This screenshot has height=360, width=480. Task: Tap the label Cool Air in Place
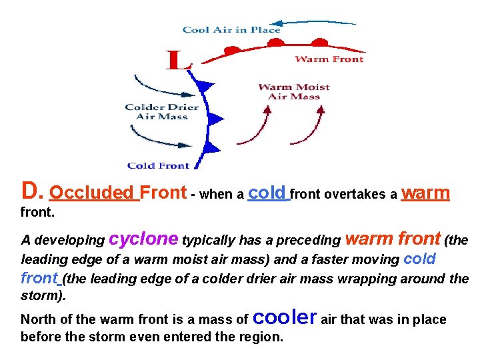point(231,29)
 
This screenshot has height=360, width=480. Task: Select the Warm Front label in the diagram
point(329,59)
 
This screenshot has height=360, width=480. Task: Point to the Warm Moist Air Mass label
point(293,91)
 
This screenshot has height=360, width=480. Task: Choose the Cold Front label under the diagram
point(158,165)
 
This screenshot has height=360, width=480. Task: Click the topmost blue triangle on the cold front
point(206,85)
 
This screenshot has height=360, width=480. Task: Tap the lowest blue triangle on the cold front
point(212,147)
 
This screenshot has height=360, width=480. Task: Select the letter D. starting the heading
point(33,192)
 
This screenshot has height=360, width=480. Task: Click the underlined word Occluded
point(92,193)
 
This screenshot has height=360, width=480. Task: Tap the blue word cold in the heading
point(267,193)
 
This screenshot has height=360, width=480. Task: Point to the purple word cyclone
point(143,238)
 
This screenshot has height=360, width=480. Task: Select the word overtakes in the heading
point(367,195)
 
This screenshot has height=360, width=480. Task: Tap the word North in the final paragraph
point(38,320)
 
